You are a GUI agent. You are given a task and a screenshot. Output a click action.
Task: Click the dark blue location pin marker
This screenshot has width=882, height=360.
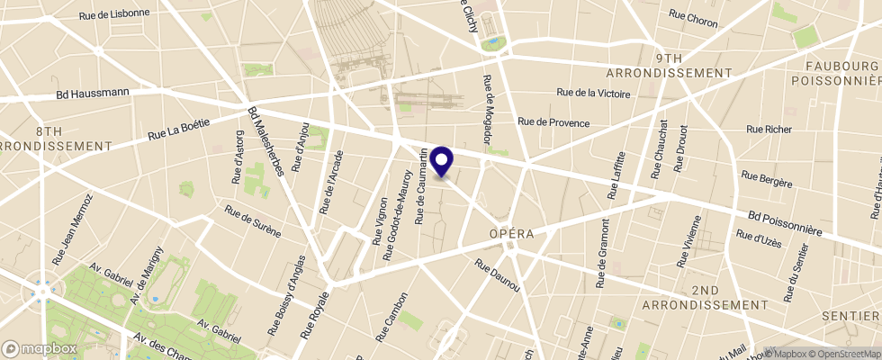pos(442,160)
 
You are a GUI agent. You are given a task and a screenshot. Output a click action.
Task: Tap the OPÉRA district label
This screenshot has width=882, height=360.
pos(512,233)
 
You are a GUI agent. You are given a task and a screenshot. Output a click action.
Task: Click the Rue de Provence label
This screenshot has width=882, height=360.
pos(553,122)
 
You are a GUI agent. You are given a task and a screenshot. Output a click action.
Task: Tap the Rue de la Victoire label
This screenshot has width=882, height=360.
pos(593,93)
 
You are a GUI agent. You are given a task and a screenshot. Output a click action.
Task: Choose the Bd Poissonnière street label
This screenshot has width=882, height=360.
pos(785,223)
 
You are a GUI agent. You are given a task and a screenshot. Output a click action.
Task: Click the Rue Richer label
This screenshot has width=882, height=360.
pos(769,130)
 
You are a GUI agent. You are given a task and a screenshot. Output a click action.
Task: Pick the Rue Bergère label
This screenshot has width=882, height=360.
pos(766,179)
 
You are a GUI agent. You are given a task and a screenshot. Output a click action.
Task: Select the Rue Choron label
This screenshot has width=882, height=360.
pos(693,16)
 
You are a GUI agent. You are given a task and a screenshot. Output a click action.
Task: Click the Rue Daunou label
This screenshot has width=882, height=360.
pos(497,275)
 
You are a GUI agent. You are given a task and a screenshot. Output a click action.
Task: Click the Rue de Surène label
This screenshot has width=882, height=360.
pos(253,222)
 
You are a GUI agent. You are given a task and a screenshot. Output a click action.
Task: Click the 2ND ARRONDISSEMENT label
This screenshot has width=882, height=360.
pos(706,298)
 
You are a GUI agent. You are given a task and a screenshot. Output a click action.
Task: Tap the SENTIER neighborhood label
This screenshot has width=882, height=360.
pos(854,316)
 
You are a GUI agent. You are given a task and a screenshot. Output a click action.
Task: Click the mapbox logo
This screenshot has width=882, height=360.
pos(40,348)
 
